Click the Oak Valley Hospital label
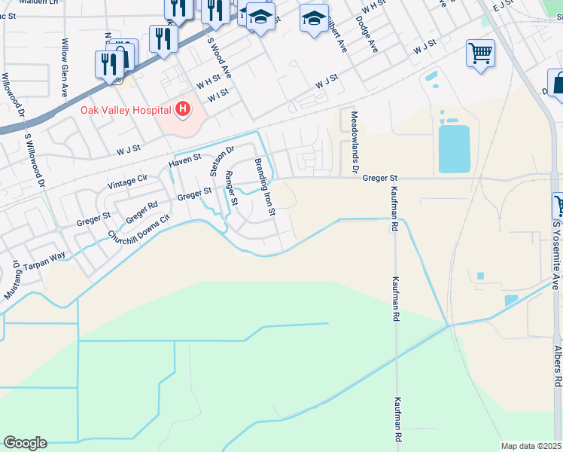click(x=126, y=110)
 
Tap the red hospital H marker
click(x=182, y=111)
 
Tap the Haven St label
click(x=185, y=160)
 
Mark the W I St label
click(x=218, y=96)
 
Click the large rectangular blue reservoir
click(x=454, y=148)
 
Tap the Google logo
click(x=25, y=443)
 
